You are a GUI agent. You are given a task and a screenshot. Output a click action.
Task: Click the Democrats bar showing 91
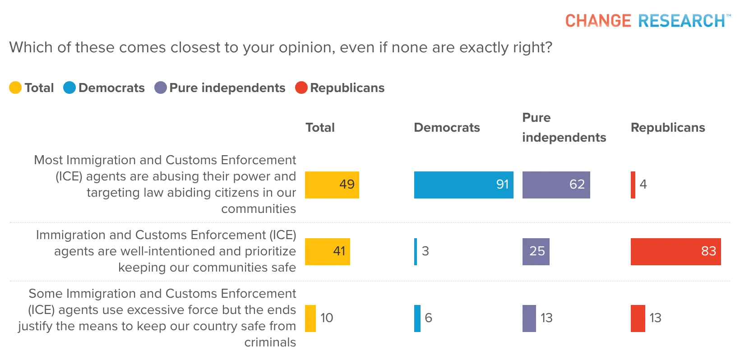(x=463, y=185)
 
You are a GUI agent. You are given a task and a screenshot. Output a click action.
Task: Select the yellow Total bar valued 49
(x=332, y=185)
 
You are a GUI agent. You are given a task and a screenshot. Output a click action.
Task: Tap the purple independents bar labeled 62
(x=556, y=185)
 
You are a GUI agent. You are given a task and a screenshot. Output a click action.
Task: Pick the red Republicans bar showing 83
(x=675, y=252)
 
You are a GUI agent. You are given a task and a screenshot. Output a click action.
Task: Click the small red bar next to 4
(x=633, y=185)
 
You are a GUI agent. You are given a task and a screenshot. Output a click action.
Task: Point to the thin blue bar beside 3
(x=416, y=252)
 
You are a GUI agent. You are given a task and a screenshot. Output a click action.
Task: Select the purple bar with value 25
(x=536, y=252)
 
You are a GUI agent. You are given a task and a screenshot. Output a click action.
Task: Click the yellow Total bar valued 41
(x=328, y=252)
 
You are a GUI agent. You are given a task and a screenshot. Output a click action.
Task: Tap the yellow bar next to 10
(x=310, y=318)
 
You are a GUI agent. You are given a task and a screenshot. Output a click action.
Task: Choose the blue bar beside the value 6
(x=417, y=318)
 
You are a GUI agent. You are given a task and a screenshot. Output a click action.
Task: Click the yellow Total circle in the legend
(x=15, y=88)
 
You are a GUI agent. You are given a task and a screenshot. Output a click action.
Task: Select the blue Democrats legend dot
(x=69, y=88)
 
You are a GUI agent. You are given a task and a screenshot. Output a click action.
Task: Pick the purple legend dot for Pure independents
(x=161, y=88)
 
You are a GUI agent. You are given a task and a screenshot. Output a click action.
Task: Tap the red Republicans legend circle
(x=301, y=88)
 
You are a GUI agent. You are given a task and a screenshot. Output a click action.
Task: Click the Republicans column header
(x=668, y=128)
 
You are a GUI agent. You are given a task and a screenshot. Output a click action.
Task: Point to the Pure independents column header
(x=564, y=128)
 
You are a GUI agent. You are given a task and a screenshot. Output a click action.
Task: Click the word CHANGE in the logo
(x=598, y=21)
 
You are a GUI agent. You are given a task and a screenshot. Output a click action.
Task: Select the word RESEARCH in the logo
(x=681, y=21)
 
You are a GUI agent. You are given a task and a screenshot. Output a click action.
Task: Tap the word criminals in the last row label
(x=270, y=342)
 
